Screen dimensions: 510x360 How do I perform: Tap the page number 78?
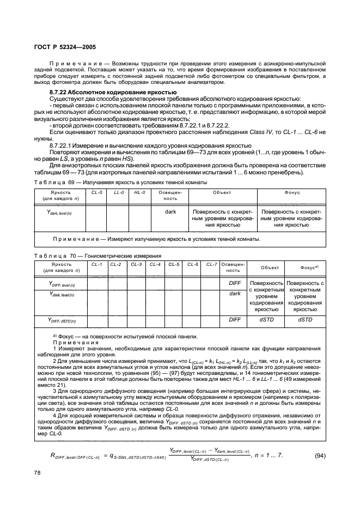[x=36, y=474]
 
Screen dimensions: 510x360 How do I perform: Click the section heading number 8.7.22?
[x=59, y=93]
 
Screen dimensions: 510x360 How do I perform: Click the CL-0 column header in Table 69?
[x=97, y=192]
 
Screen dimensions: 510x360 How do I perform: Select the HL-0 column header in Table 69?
[x=139, y=192]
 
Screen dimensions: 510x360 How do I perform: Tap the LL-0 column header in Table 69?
[x=119, y=192]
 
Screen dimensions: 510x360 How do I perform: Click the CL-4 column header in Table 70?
[x=155, y=264]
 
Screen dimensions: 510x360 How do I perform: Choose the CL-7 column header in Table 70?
[x=211, y=264]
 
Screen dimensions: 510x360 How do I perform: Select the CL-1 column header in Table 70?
[x=97, y=264]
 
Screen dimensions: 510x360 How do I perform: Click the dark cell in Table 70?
[x=235, y=293]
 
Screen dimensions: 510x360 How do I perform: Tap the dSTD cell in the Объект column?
[x=266, y=320]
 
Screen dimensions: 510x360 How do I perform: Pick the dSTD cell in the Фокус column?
[x=305, y=320]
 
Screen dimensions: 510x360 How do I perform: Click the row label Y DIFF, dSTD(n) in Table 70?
[x=62, y=321]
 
